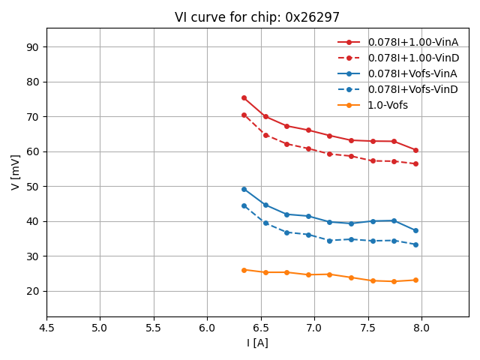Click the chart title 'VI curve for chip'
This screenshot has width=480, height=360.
coord(257,17)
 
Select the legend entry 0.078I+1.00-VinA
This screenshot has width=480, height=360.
coord(412,42)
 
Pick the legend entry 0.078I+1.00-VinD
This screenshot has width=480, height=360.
coord(412,58)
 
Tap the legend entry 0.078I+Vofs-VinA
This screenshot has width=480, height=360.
coord(412,73)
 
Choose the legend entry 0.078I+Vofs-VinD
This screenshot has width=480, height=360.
coord(412,89)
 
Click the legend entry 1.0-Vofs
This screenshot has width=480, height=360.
coord(388,105)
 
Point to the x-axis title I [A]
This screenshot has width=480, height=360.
coord(257,343)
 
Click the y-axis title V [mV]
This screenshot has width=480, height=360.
coord(16,172)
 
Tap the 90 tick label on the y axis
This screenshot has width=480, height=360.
coord(32,47)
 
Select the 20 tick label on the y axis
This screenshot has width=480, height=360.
coord(32,291)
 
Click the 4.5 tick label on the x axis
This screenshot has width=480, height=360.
coord(46,328)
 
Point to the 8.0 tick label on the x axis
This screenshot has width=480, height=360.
coord(421,328)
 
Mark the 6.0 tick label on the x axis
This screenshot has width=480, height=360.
coord(207,328)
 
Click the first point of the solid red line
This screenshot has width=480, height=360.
coord(244,97)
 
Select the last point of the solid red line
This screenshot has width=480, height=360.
coord(415,150)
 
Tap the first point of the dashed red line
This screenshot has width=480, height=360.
coord(244,115)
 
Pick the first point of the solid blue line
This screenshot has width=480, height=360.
coord(244,189)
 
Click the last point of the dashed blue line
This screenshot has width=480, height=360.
coord(415,244)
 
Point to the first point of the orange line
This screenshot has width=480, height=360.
coord(244,270)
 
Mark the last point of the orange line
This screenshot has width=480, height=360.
coord(415,280)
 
